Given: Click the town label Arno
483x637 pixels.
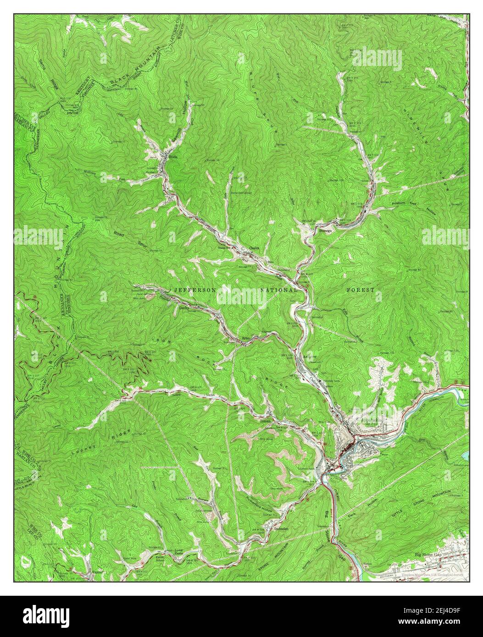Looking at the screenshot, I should (245, 340).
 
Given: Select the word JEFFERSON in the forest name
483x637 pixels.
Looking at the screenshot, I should (195, 290).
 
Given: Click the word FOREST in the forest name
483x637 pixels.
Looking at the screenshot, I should (360, 290).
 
